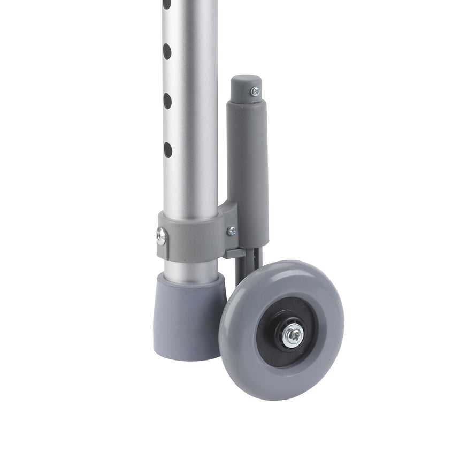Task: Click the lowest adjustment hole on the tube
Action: tap(167, 149)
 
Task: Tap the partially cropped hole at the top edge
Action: tap(167, 4)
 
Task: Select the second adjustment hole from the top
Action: tap(167, 51)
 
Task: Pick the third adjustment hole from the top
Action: tap(167, 101)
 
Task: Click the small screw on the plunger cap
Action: tap(255, 91)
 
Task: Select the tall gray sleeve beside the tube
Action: tap(247, 166)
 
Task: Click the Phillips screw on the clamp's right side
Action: tap(231, 231)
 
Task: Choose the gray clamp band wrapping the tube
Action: tap(193, 235)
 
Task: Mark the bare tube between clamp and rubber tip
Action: tap(191, 267)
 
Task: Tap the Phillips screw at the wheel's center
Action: tap(293, 336)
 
